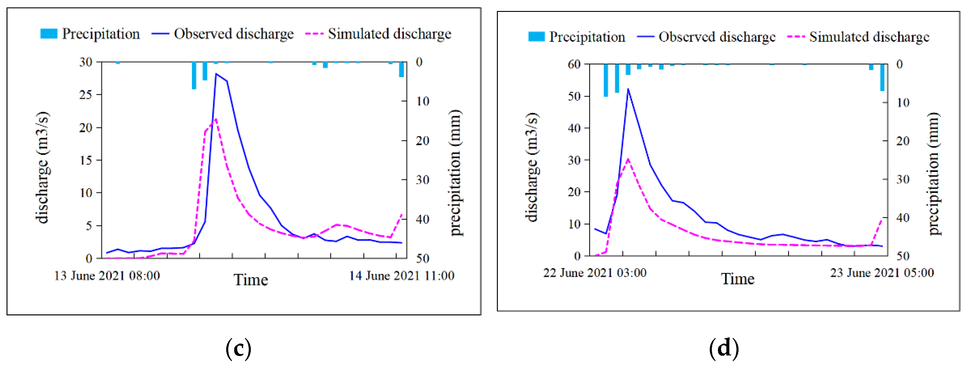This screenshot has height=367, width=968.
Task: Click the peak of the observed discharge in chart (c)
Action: (x=216, y=74)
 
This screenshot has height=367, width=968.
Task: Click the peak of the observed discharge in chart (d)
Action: (x=628, y=89)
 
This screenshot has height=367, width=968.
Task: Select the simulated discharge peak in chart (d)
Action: (x=628, y=159)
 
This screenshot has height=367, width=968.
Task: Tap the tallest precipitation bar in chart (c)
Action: (x=194, y=75)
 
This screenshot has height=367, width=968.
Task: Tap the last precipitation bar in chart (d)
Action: (x=882, y=77)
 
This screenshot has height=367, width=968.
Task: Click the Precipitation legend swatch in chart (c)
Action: (x=49, y=34)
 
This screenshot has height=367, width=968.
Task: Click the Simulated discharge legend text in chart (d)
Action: (x=869, y=37)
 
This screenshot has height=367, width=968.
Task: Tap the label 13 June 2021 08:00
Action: (x=107, y=276)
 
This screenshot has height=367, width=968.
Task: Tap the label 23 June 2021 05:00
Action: (x=881, y=273)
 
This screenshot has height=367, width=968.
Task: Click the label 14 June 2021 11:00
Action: (x=401, y=276)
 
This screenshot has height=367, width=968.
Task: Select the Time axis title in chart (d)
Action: (x=737, y=279)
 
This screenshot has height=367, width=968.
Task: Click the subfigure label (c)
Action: (x=238, y=348)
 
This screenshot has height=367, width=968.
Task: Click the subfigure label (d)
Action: (x=723, y=348)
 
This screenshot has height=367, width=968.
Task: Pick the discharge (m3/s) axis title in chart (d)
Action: (x=531, y=167)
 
